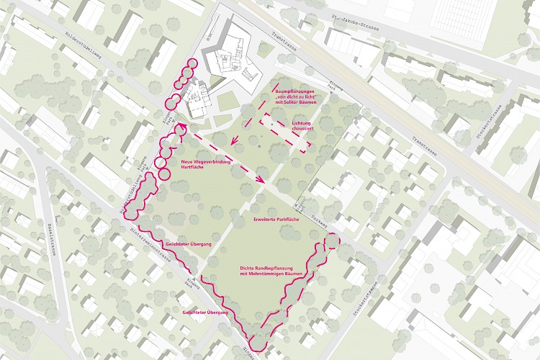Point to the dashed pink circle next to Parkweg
coord(330,242)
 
